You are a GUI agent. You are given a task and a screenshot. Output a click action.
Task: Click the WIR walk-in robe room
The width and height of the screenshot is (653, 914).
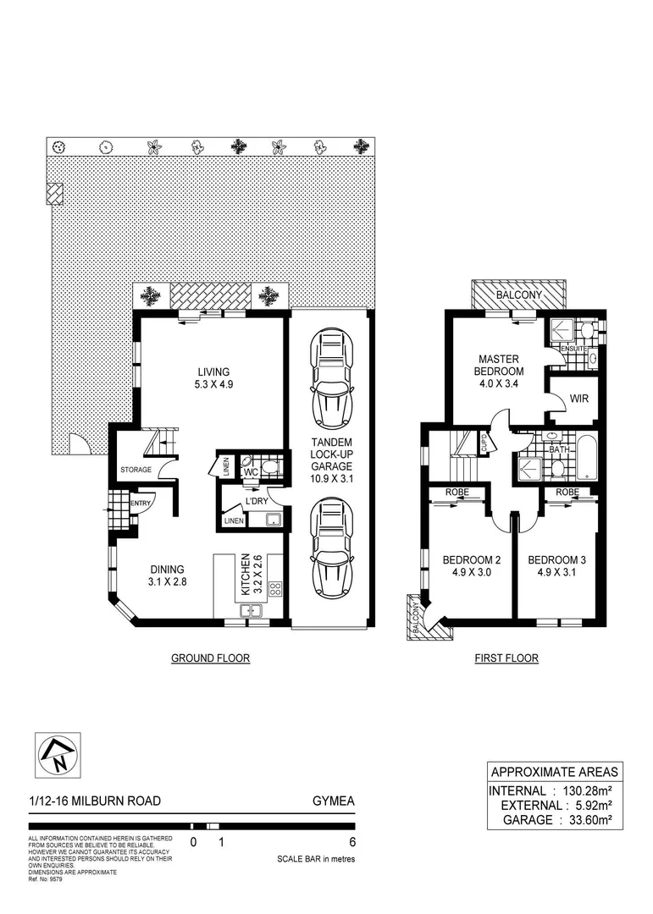point(579,398)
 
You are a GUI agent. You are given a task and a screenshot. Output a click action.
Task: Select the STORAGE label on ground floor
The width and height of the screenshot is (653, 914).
point(136,470)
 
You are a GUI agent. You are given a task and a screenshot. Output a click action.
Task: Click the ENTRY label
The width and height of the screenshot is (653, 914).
point(141,504)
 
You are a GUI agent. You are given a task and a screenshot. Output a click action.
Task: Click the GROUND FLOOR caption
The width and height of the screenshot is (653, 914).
point(210,658)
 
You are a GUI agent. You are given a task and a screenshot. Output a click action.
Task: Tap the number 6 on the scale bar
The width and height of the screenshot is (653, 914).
point(352,842)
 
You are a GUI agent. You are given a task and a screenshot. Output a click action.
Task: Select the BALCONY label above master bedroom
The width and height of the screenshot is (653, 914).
point(519,295)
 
